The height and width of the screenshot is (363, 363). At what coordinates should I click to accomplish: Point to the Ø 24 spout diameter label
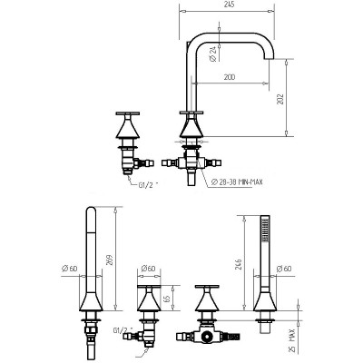[x=213, y=54]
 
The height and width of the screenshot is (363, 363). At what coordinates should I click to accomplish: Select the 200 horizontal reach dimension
[x=230, y=77]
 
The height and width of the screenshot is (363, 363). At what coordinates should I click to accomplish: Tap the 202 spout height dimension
[x=280, y=98]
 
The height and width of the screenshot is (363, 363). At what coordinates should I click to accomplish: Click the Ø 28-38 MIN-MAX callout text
[x=237, y=181]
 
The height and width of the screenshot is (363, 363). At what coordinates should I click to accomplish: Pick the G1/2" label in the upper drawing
[x=148, y=185]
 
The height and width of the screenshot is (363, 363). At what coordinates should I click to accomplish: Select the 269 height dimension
[x=110, y=260]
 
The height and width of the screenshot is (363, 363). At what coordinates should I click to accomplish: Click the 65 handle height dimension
[x=167, y=299]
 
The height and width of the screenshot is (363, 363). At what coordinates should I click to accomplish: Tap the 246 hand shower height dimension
[x=240, y=265]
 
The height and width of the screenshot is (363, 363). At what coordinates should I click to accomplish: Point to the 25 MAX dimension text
[x=290, y=340]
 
